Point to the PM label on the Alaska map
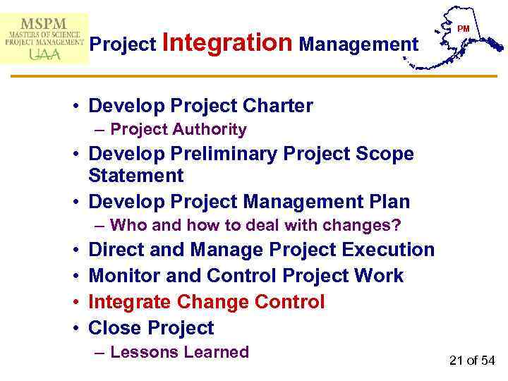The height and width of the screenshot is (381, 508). click(x=463, y=29)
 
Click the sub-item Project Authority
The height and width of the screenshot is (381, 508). click(x=179, y=129)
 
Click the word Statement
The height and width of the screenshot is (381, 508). click(x=136, y=175)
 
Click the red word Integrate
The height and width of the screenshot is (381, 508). click(x=130, y=302)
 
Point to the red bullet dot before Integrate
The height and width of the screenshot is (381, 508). click(x=75, y=303)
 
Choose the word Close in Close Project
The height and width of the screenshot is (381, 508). click(x=116, y=328)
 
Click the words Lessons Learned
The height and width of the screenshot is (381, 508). click(x=179, y=352)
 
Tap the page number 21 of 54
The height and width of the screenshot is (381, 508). click(x=472, y=361)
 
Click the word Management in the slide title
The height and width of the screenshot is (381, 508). click(x=358, y=44)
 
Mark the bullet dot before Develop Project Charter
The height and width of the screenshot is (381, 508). click(x=75, y=107)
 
